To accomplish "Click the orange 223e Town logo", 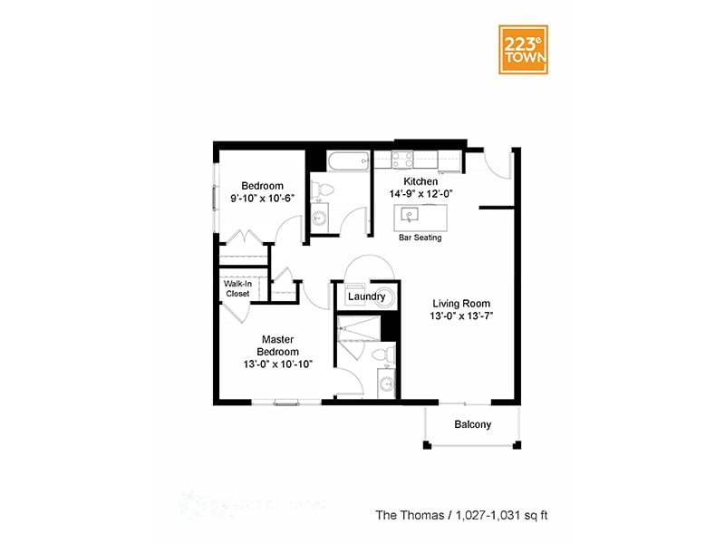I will coord(523,49).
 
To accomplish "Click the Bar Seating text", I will coord(420,238).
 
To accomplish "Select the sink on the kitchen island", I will coord(411,216).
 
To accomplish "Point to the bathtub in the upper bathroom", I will coord(348,162).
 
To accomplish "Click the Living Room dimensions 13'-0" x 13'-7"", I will coord(461,316).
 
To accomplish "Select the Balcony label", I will coord(472,424).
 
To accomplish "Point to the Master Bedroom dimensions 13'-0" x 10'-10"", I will coord(278,364).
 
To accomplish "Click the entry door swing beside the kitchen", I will coord(497,163).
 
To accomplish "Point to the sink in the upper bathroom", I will coord(319,219).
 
